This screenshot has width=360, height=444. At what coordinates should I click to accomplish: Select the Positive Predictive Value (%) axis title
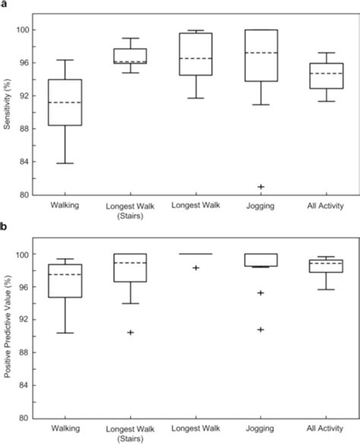click(x=7, y=335)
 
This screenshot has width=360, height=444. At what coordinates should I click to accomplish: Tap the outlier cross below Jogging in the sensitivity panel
click(x=261, y=187)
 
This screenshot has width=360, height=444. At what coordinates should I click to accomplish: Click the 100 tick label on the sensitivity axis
click(x=22, y=30)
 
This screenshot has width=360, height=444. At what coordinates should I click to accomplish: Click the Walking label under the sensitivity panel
click(x=64, y=206)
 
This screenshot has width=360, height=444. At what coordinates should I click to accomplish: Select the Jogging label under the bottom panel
click(x=261, y=429)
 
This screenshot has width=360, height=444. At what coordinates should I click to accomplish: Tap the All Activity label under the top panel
click(x=325, y=206)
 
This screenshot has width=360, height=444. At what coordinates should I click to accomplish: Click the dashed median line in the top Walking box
click(x=64, y=102)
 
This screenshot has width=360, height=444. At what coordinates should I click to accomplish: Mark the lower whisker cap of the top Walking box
click(x=64, y=163)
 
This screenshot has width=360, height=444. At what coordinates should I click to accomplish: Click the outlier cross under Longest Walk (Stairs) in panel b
click(x=129, y=332)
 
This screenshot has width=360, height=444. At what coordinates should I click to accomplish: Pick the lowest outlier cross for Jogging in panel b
click(x=261, y=329)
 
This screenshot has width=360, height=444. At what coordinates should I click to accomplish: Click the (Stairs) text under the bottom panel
click(x=129, y=438)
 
